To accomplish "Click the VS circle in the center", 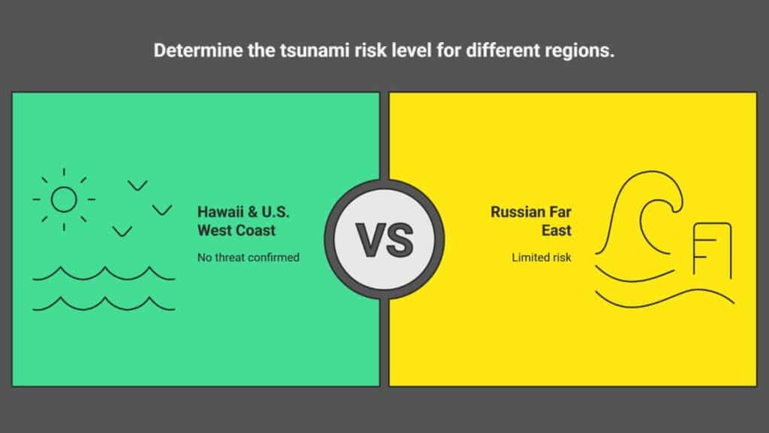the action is pos(384,240).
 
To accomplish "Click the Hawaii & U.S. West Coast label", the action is pos(243,221).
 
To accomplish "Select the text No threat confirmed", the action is pos(248,257).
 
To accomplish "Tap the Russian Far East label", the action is pos(531,221).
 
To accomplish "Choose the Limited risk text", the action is pos(541,257).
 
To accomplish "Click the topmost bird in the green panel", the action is pos(138,186).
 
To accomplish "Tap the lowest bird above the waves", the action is pos(122,232).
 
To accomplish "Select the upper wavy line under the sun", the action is pos(104,274).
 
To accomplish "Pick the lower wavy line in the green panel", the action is pos(104,304).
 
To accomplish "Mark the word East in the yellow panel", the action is pos(556,230).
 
